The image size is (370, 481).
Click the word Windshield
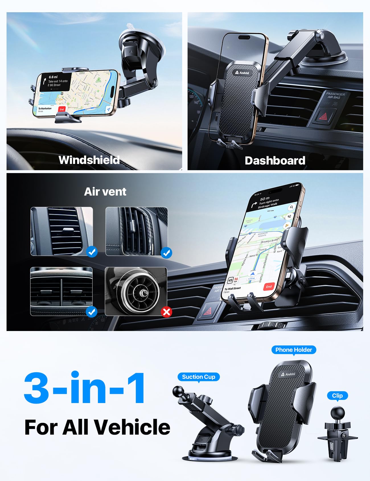coord(89,160)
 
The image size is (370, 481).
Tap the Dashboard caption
coord(275,161)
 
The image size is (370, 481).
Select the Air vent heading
coord(105,192)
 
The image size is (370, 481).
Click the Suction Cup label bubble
coord(198,377)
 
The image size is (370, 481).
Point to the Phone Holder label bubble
coord(293,350)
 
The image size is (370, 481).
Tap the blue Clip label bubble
coord(337,396)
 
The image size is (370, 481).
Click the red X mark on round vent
coord(166,312)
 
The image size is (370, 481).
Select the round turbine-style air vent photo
coord(136,291)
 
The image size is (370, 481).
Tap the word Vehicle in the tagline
coord(132,427)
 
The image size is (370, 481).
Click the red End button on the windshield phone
coord(62,109)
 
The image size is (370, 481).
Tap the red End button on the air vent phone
coord(269,287)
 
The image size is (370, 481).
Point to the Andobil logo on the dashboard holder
coord(242,73)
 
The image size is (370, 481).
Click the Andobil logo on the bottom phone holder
coord(288,374)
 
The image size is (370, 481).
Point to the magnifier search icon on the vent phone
coord(291,207)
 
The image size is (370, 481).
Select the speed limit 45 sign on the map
coord(230,280)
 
